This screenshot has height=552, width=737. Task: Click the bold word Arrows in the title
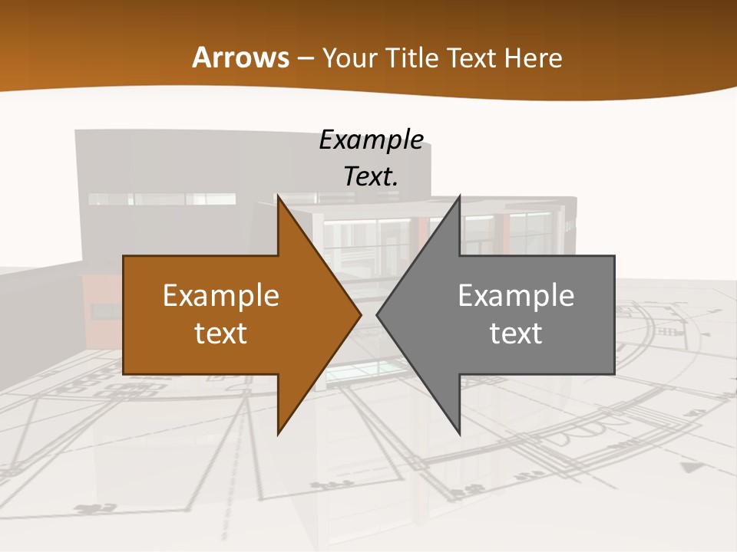pos(241,58)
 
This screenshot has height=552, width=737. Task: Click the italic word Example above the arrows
pos(372,140)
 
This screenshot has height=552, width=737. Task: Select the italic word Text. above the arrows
pos(372,176)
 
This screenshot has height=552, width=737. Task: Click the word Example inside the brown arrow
pos(221,295)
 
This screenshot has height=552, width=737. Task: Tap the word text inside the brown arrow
pos(221,333)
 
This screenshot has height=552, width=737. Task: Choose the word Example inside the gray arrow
pos(516,295)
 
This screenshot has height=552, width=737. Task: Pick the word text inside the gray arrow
pos(516,333)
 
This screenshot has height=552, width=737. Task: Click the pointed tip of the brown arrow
pos(360,314)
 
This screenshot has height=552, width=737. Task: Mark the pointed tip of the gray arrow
pos(378,314)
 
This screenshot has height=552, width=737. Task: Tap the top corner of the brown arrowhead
pos(279,197)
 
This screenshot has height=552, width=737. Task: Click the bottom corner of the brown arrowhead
pos(279,433)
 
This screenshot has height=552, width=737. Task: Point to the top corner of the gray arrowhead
pos(459,197)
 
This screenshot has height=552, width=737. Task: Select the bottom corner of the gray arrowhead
pos(459,433)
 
